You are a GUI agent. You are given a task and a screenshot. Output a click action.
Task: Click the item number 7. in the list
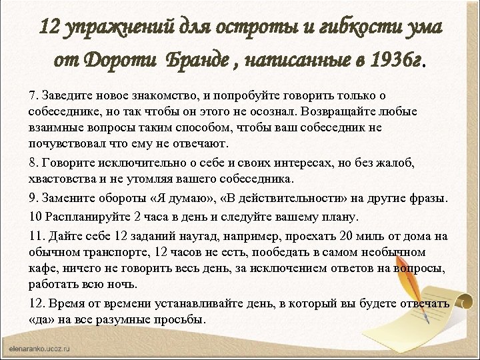click(x=35, y=97)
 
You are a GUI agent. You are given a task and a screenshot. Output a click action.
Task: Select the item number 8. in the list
click(x=35, y=164)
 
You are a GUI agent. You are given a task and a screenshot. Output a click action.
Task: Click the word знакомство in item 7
click(x=175, y=97)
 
